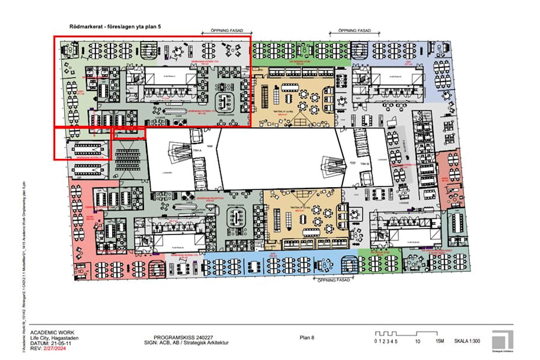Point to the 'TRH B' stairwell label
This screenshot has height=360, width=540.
pos(364,163)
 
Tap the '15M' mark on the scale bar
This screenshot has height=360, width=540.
pos(440,341)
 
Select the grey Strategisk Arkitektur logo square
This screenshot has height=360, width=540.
pos(502,338)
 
